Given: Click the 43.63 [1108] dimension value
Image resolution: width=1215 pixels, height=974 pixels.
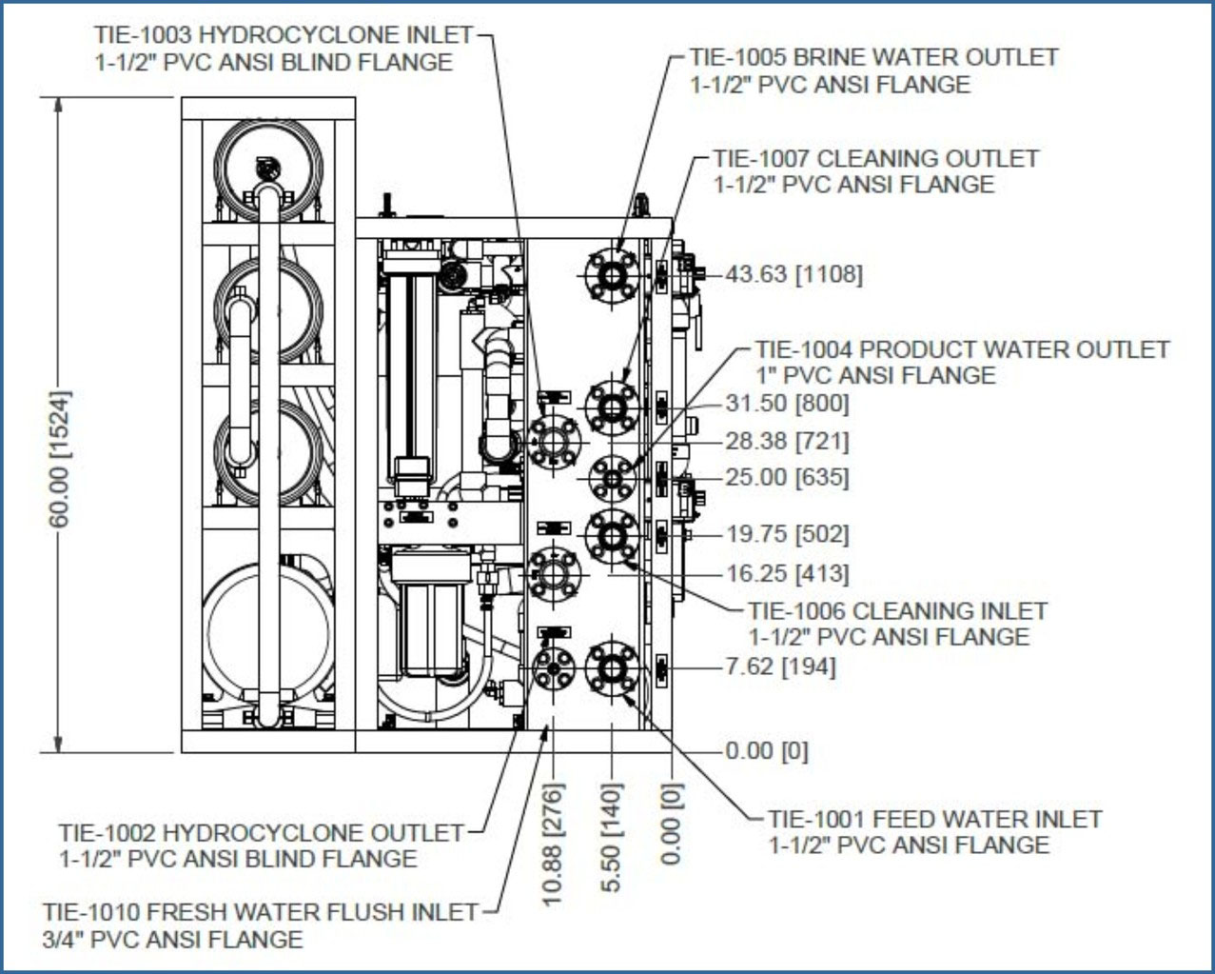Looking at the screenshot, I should (x=794, y=274).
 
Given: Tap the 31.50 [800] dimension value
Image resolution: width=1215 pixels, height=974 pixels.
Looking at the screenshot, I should (x=786, y=404).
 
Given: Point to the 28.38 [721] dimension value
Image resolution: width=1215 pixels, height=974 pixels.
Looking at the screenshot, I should (x=786, y=441).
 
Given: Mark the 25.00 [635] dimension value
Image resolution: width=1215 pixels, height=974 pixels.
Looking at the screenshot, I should (x=786, y=477).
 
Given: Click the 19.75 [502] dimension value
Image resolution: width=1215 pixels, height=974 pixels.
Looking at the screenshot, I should (x=786, y=534).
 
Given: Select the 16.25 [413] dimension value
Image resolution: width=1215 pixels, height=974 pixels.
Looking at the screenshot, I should (x=786, y=573).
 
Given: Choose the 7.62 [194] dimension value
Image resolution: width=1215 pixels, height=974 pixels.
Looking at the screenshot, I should (x=780, y=666).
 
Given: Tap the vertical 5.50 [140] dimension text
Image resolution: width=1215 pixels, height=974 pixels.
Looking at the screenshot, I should (x=612, y=837).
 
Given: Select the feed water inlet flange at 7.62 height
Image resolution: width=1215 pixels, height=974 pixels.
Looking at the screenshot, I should (x=611, y=666).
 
